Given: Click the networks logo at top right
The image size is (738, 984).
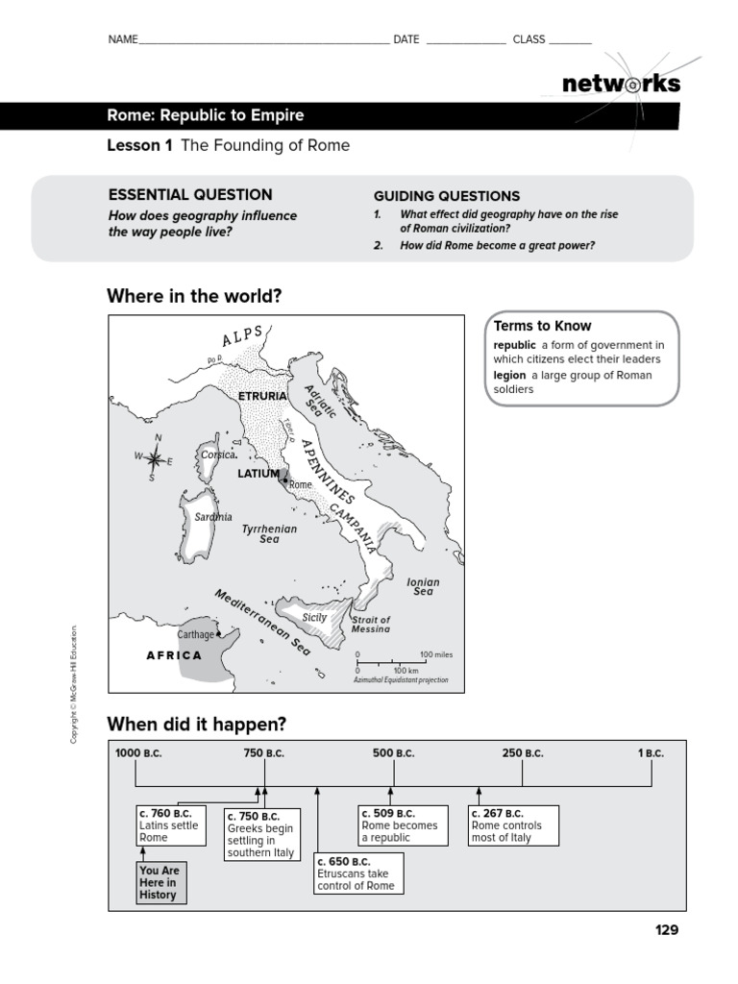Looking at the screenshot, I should [621, 85].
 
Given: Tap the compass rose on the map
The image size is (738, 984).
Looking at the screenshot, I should [154, 459].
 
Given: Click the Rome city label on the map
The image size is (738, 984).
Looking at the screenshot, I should [301, 485].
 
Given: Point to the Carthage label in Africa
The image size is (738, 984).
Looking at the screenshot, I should [194, 634].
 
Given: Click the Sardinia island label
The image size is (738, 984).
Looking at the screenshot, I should [213, 517].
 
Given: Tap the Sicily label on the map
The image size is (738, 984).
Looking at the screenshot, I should [315, 618].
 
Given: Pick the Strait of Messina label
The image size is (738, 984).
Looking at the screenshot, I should [371, 625].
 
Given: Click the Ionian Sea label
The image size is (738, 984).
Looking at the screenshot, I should [423, 586].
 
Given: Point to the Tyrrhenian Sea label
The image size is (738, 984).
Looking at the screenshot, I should [269, 534].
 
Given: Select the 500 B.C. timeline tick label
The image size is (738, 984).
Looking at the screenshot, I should [394, 753].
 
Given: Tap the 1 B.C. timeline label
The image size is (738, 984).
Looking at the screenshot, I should [651, 753].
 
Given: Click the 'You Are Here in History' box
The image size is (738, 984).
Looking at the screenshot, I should [159, 882].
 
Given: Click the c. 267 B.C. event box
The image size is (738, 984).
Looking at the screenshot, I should [513, 825].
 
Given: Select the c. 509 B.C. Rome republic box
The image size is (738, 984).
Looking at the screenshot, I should [403, 825].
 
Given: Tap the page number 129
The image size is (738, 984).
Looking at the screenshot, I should [666, 929].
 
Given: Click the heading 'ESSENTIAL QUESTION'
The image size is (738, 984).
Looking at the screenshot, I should [190, 194].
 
